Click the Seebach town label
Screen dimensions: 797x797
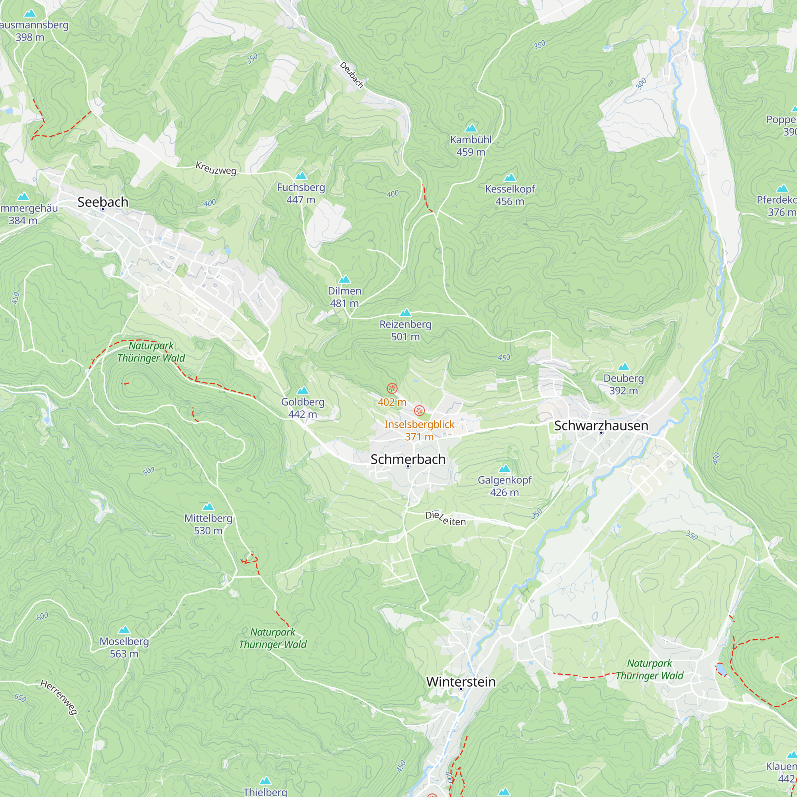pyautogui.click(x=103, y=202)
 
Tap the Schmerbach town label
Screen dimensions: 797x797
pyautogui.click(x=408, y=459)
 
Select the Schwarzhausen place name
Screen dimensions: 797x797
pyautogui.click(x=601, y=425)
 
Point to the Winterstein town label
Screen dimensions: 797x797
pyautogui.click(x=461, y=681)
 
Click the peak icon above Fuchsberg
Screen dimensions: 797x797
pyautogui.click(x=301, y=176)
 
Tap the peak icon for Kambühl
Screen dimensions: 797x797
pyautogui.click(x=471, y=128)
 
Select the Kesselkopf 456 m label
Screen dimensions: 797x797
pyautogui.click(x=510, y=195)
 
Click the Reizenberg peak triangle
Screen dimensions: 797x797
pyautogui.click(x=406, y=313)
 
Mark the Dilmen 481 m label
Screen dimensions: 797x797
pyautogui.click(x=344, y=296)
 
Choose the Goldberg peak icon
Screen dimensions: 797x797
pyautogui.click(x=303, y=390)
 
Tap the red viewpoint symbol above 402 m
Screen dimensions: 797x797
pyautogui.click(x=392, y=388)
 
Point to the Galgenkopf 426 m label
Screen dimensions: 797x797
pyautogui.click(x=505, y=486)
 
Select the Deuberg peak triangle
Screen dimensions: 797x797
pyautogui.click(x=623, y=367)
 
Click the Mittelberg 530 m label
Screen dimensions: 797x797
pyautogui.click(x=208, y=524)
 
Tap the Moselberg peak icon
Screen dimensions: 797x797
pyautogui.click(x=124, y=630)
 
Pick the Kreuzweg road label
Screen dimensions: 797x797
pyautogui.click(x=216, y=169)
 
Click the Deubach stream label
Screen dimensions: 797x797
pyautogui.click(x=351, y=75)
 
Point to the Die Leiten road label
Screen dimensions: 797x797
pyautogui.click(x=446, y=518)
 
